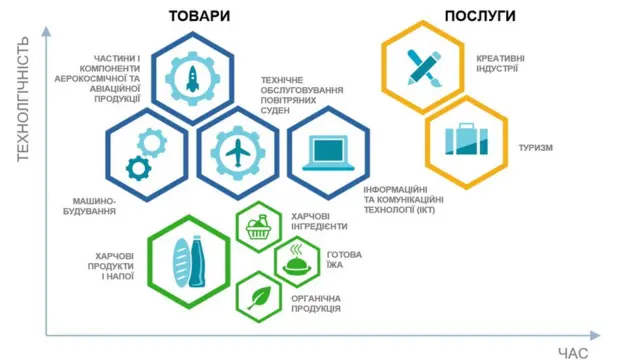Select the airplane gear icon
pyautogui.click(x=238, y=152)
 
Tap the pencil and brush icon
pyautogui.click(x=422, y=68)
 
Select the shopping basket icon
pyautogui.click(x=259, y=227)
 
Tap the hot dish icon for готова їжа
pyautogui.click(x=297, y=262)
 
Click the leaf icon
pyautogui.click(x=258, y=297)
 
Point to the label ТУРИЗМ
pyautogui.click(x=536, y=148)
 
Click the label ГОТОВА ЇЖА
pyautogui.click(x=344, y=260)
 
